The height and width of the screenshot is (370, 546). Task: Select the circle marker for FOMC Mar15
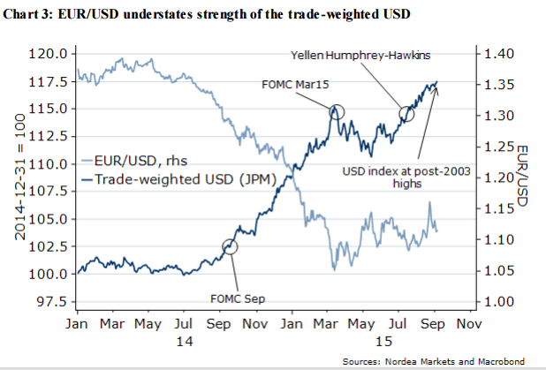click(337, 112)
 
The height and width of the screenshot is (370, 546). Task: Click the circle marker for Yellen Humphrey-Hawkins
click(407, 114)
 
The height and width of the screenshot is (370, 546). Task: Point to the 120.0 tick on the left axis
click(49, 54)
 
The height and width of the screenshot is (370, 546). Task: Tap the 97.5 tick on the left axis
click(53, 301)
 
